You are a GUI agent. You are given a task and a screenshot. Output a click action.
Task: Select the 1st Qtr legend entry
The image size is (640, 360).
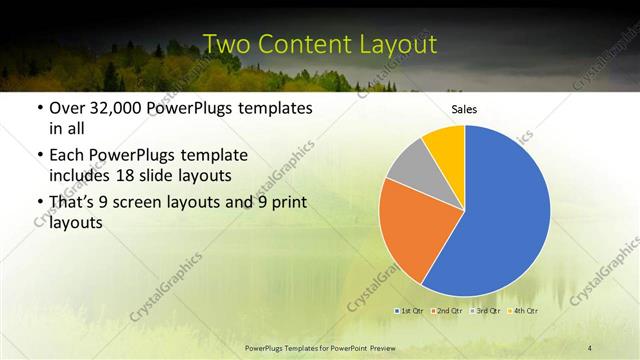coord(410,311)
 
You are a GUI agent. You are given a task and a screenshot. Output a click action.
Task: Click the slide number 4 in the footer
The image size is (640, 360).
coord(590,347)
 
